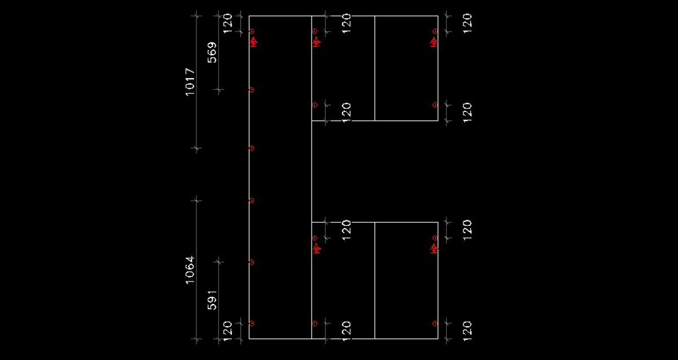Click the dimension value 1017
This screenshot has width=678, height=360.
pyautogui.click(x=190, y=83)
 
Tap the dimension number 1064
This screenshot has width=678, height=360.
pyautogui.click(x=190, y=270)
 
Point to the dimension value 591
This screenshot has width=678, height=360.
pyautogui.click(x=212, y=300)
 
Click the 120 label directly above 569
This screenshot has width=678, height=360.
pyautogui.click(x=228, y=24)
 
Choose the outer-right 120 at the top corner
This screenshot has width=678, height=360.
pyautogui.click(x=467, y=24)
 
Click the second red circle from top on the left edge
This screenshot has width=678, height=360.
pyautogui.click(x=251, y=89)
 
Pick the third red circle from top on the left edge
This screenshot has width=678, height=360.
pyautogui.click(x=251, y=148)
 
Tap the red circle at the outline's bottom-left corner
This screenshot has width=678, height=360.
pyautogui.click(x=251, y=323)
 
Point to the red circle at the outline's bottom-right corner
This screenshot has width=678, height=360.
pyautogui.click(x=435, y=323)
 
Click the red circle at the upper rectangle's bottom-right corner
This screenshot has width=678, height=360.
pyautogui.click(x=435, y=105)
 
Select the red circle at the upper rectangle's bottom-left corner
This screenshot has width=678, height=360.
pyautogui.click(x=315, y=105)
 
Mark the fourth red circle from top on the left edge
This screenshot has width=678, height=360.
pyautogui.click(x=251, y=200)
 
